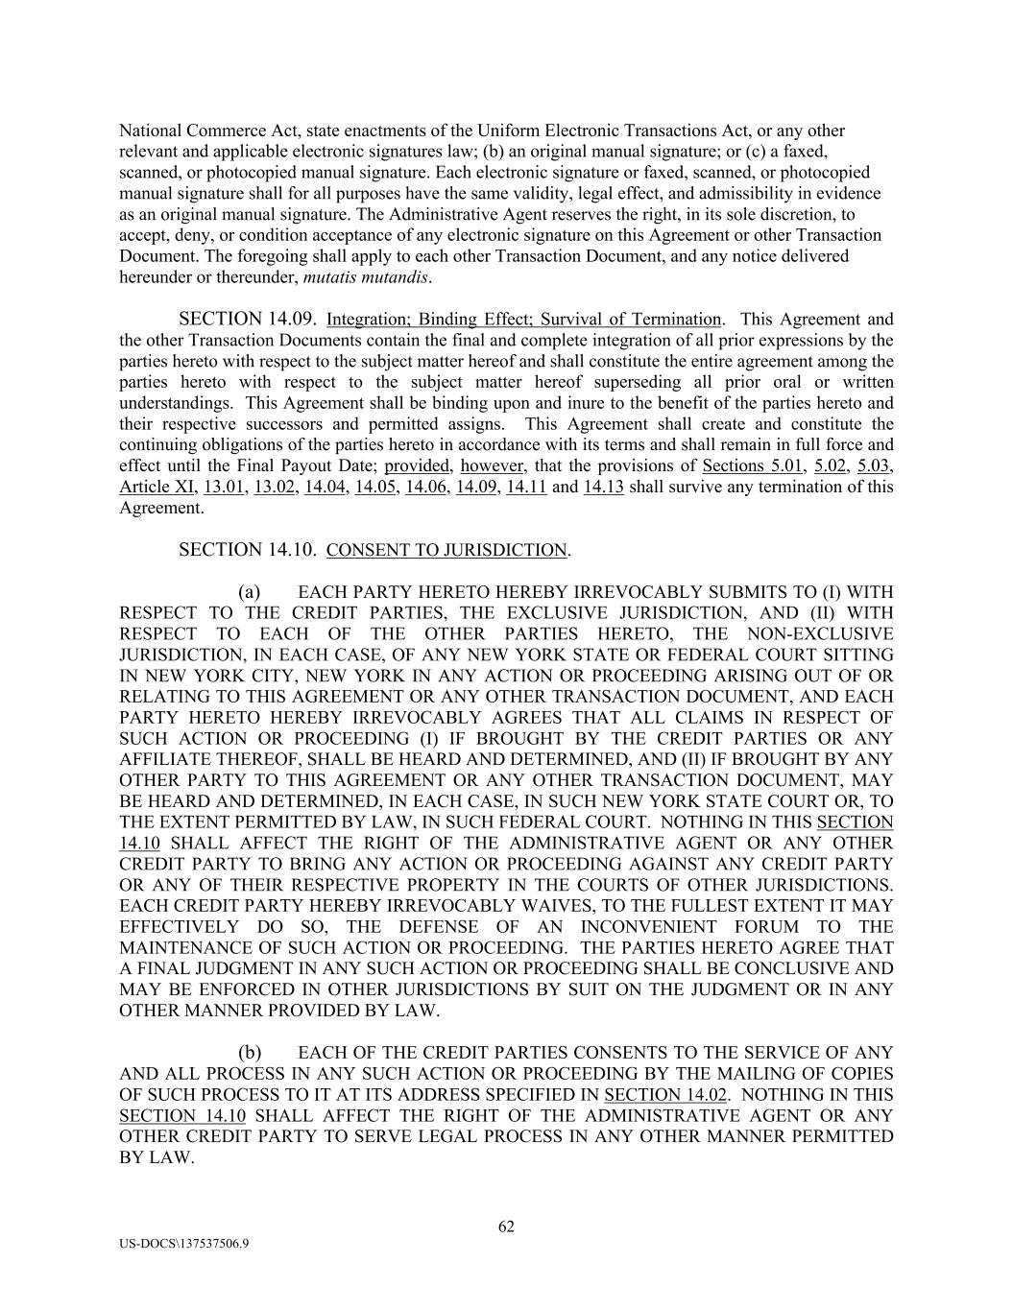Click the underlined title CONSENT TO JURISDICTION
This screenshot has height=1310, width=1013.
[446, 551]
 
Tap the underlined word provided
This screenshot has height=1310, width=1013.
[417, 466]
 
